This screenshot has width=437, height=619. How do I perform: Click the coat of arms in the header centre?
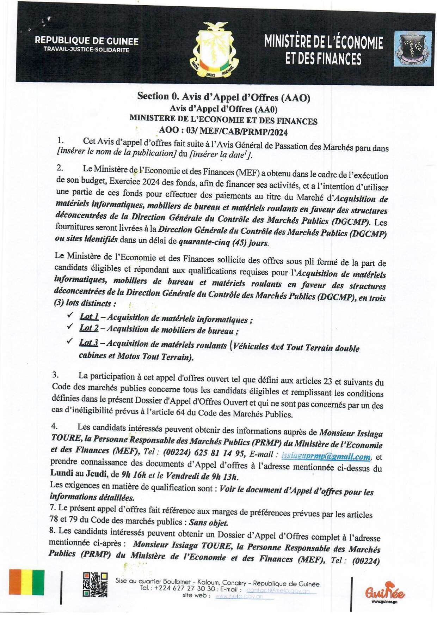(x=214, y=50)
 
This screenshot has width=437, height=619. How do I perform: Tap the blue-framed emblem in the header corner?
(x=413, y=49)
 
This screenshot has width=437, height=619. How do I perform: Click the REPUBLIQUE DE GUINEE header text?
(x=87, y=41)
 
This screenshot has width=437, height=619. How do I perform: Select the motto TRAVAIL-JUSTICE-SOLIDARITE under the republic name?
(x=86, y=50)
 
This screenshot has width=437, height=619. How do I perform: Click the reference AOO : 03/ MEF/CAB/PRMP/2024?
(x=223, y=131)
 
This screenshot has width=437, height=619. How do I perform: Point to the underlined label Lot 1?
(x=89, y=316)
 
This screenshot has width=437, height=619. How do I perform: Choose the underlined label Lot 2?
(x=89, y=328)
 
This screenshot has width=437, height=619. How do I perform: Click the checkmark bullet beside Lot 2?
(x=70, y=326)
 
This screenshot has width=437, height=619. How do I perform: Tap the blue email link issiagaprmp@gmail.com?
(x=326, y=456)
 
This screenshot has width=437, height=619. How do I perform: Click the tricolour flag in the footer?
(x=27, y=582)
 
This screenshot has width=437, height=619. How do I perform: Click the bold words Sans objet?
(x=208, y=522)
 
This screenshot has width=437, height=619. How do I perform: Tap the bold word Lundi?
(x=62, y=473)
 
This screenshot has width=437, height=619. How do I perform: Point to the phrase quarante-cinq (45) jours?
(x=223, y=242)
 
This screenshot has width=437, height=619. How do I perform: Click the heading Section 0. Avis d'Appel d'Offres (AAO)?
(x=224, y=97)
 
